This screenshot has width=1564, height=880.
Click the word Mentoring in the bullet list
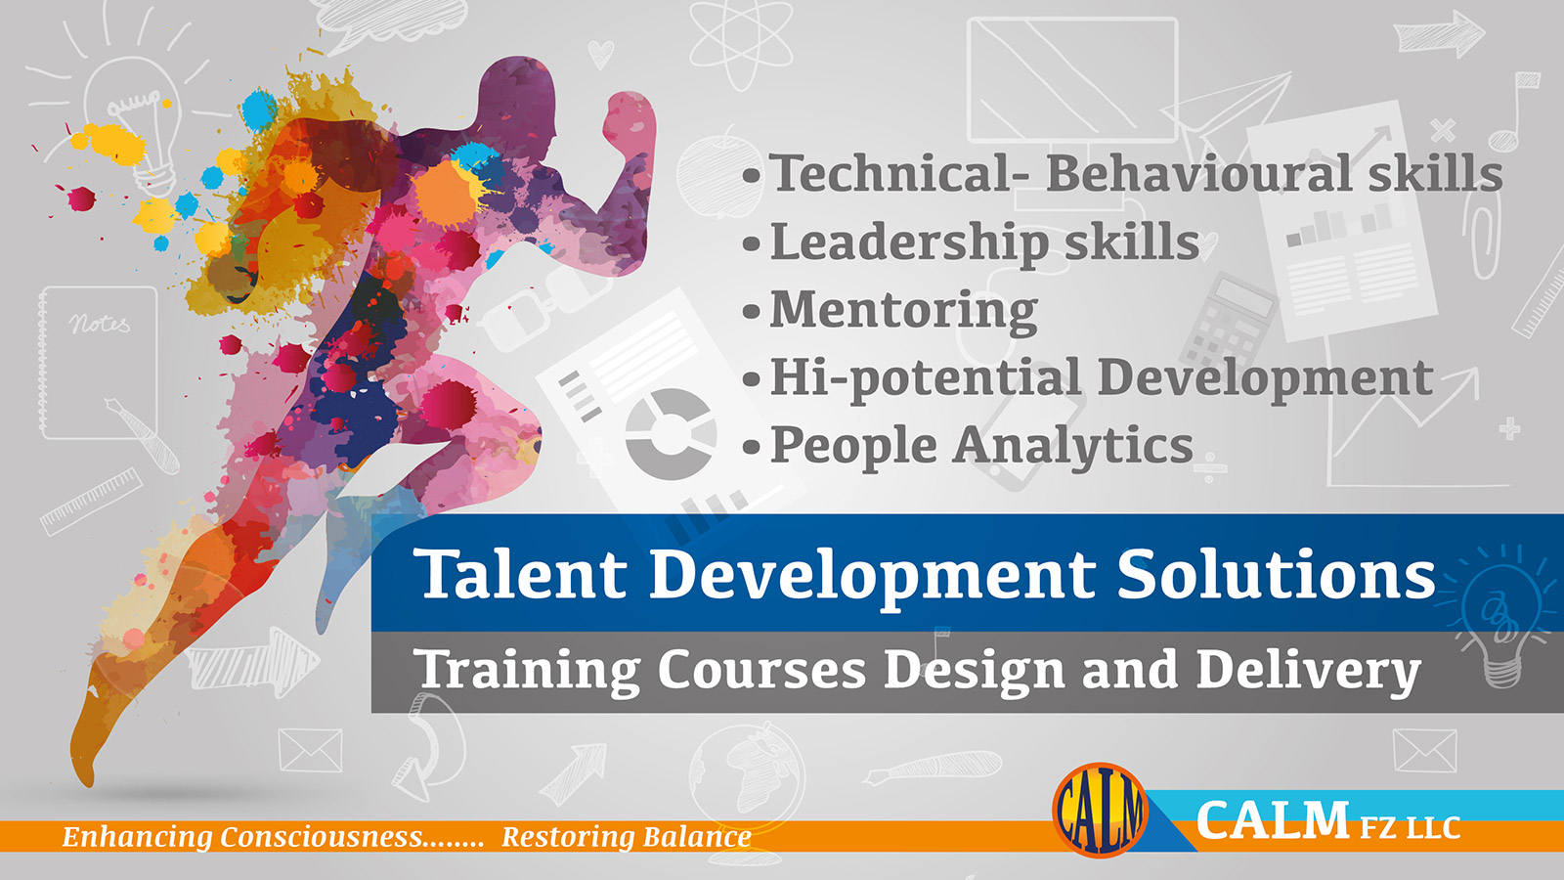[x=903, y=309]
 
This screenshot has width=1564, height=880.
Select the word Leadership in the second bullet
[x=910, y=242]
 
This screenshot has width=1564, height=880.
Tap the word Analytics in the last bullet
[x=1073, y=445]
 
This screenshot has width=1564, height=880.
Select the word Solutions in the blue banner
[x=1277, y=574]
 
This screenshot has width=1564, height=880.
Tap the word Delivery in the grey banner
[x=1308, y=671]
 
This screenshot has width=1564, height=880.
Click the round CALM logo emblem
[x=1101, y=811]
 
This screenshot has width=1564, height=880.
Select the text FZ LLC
[x=1410, y=828]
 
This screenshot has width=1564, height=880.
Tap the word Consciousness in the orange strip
[x=322, y=836]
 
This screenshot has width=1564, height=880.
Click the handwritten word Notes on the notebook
[x=99, y=324]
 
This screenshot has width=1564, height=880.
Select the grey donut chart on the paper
[x=671, y=434]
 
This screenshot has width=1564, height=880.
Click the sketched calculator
[x=1227, y=323]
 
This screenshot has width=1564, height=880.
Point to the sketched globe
[x=747, y=775]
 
